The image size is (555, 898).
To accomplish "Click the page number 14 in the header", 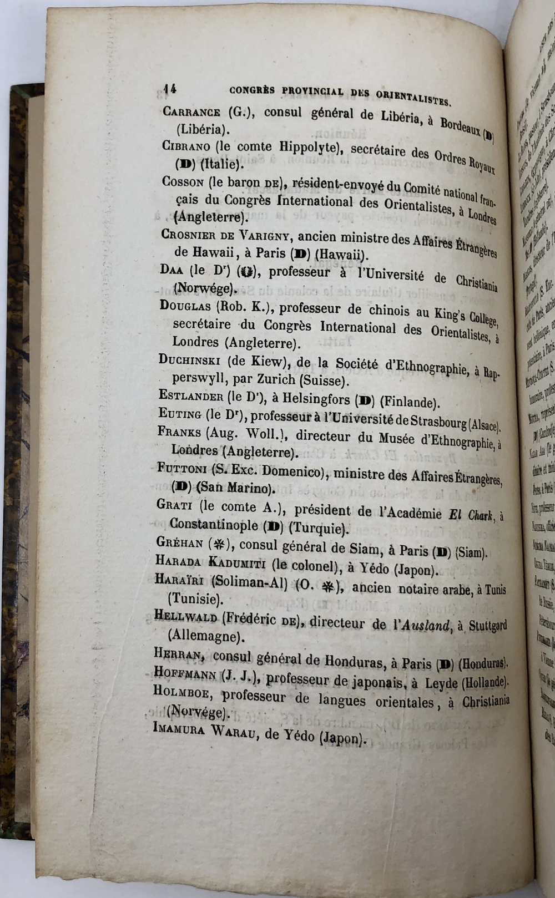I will pos(169,87).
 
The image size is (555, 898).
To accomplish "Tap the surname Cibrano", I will pos(186,146).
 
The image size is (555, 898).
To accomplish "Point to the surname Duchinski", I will pos(190,361).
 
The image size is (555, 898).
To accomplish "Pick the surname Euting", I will pos(179,413).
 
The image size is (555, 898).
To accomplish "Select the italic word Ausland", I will pos(425,626).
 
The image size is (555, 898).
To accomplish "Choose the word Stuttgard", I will pos(487,626).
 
